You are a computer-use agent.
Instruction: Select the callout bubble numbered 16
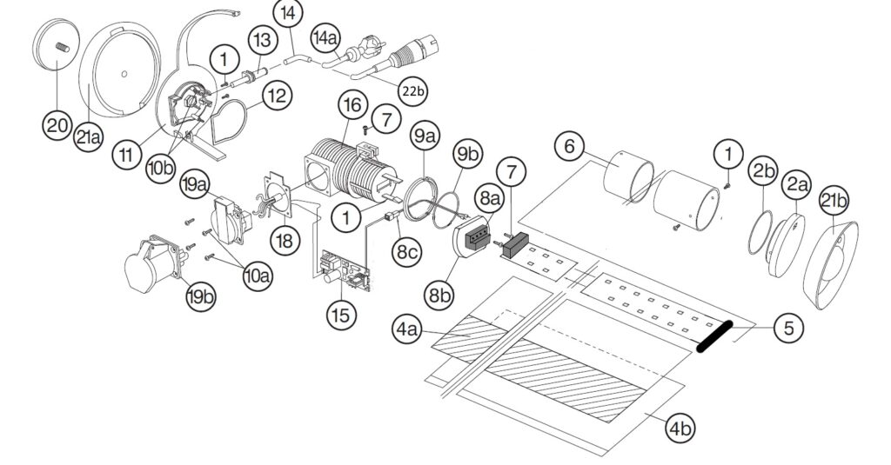click(x=351, y=106)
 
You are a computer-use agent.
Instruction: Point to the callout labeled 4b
click(x=680, y=427)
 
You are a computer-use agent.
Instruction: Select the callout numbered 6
click(x=568, y=146)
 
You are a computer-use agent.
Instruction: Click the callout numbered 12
click(x=276, y=96)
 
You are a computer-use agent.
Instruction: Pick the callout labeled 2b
click(x=763, y=171)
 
